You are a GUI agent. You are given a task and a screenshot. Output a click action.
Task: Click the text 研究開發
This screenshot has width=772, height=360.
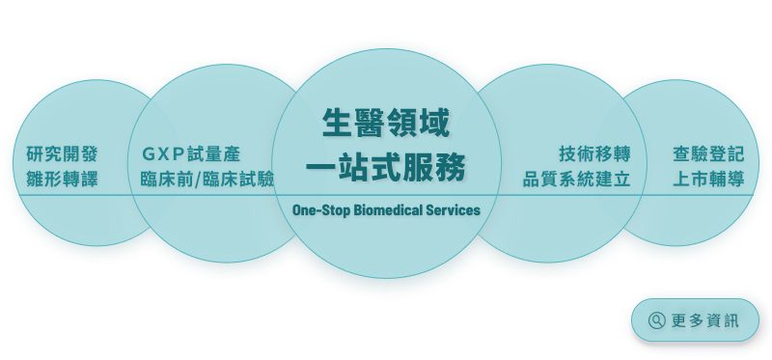pos(62,154)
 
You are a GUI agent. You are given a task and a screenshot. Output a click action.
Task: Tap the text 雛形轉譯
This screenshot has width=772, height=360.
pos(62,179)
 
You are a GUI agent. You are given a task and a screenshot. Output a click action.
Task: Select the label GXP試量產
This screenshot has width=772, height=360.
pos(191,154)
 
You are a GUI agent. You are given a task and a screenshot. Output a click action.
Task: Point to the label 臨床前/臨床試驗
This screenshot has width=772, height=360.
pos(207,179)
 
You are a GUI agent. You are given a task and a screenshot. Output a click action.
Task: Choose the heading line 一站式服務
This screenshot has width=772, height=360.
pos(386,167)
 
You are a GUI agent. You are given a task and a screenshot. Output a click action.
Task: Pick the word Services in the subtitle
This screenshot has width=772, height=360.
pos(454,209)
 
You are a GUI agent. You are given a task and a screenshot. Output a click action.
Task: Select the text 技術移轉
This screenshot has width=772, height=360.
pos(594,154)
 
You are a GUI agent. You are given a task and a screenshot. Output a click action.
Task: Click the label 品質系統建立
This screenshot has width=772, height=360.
pos(577,179)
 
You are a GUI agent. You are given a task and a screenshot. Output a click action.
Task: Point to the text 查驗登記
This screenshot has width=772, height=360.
pos(708,154)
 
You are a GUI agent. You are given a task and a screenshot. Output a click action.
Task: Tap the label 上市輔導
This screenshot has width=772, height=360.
pos(708,179)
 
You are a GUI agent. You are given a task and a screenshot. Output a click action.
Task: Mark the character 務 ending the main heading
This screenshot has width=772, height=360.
pos(450,167)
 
